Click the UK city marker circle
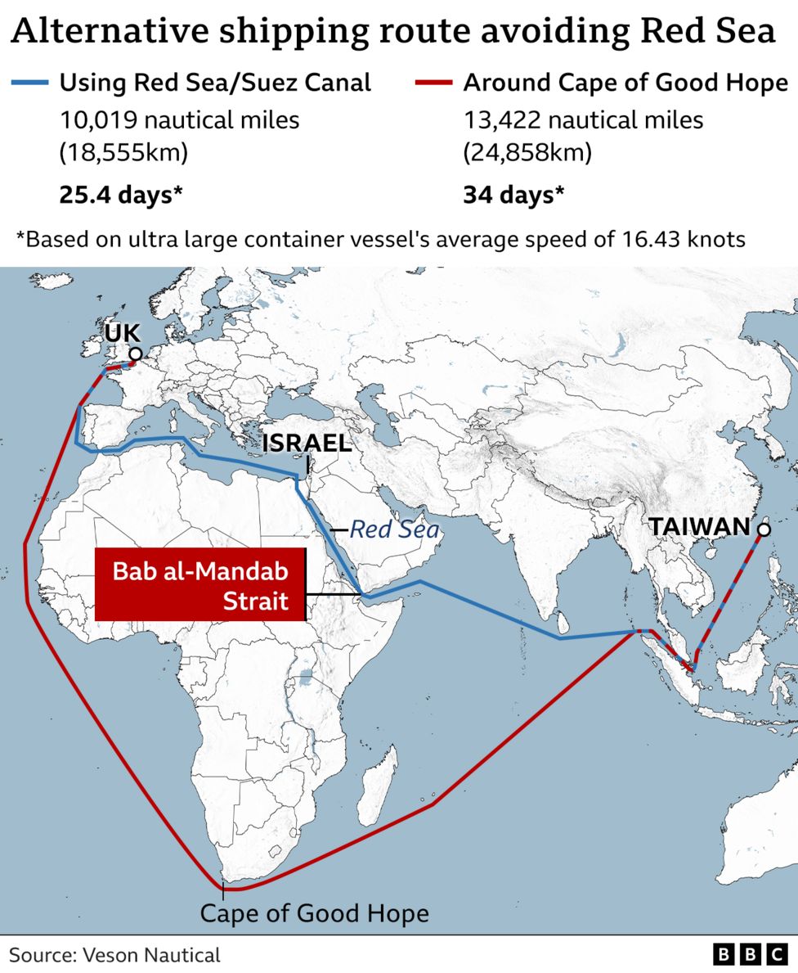[136, 354]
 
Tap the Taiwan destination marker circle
[764, 530]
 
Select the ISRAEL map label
[307, 443]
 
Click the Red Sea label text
[394, 530]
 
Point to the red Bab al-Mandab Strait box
[200, 586]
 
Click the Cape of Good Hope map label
[314, 913]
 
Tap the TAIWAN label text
[700, 527]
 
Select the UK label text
[123, 332]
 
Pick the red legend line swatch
[433, 83]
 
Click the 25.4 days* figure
[120, 195]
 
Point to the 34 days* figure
[513, 195]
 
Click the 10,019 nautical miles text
[179, 120]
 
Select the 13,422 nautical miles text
[583, 120]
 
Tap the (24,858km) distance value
[527, 153]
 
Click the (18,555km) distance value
[123, 153]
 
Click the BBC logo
[749, 954]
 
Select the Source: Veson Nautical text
[115, 954]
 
